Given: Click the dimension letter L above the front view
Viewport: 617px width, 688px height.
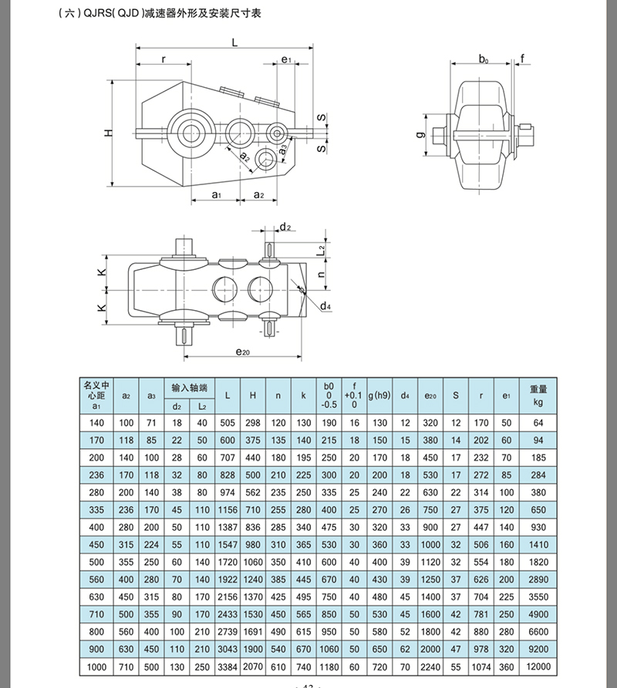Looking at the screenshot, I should tap(234, 44).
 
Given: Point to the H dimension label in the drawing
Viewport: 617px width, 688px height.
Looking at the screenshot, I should tap(109, 133).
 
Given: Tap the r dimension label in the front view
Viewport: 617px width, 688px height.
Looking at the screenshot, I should tap(164, 59).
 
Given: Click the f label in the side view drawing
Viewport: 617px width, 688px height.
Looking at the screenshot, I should tap(522, 58).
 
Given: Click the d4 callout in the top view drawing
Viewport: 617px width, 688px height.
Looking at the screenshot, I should tap(325, 306).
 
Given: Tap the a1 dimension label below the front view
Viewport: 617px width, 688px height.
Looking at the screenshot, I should tap(217, 195).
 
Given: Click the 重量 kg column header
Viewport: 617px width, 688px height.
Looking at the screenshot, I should tap(538, 395).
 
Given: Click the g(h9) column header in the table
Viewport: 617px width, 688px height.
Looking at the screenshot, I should tap(379, 395).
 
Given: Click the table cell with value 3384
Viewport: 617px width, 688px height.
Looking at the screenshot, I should tap(227, 666).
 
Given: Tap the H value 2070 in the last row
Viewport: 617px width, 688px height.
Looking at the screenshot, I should tap(252, 666).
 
